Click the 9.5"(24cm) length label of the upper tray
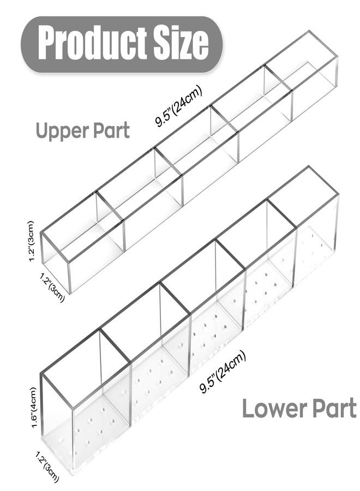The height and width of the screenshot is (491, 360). pos(179,105)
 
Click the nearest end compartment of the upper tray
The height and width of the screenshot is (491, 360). pos(83,241)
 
